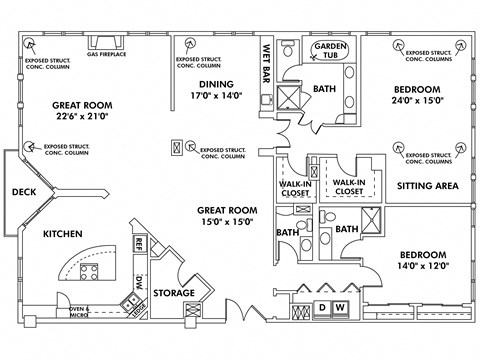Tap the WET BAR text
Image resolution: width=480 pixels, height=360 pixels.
268,62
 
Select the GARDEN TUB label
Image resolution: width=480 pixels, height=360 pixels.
331,52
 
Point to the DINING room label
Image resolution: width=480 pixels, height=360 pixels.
216,85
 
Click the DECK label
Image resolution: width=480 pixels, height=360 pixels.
24,192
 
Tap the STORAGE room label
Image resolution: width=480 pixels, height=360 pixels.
175,293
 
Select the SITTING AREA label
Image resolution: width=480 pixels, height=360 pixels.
428,185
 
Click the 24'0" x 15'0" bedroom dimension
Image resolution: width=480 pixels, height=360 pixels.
428,100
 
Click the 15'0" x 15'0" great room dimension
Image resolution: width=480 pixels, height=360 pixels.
226,222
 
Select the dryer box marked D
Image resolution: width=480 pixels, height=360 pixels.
323,306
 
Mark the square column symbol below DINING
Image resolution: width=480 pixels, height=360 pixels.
180,146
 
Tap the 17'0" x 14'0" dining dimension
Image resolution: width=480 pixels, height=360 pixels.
216,97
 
